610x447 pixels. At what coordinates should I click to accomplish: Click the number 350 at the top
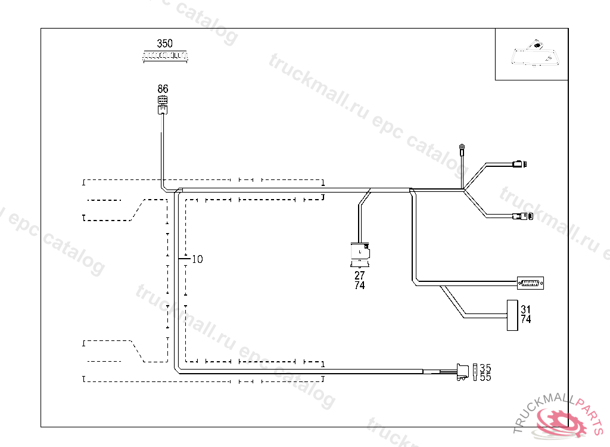click(x=165, y=44)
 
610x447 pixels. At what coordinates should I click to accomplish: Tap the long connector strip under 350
click(x=165, y=55)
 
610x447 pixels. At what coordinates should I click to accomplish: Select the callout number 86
click(x=163, y=89)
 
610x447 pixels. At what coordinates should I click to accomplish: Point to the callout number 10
click(x=197, y=259)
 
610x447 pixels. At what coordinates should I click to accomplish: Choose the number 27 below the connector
click(x=359, y=276)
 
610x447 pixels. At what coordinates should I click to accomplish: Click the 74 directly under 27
click(x=359, y=285)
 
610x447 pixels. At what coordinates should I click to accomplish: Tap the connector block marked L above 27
click(x=360, y=253)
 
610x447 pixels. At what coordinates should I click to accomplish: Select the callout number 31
click(x=525, y=309)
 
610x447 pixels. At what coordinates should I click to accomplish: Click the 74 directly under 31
click(x=525, y=319)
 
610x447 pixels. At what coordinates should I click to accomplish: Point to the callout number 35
click(x=485, y=368)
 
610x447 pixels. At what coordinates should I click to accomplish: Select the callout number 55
click(x=485, y=377)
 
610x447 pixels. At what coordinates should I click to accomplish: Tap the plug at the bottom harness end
click(x=462, y=372)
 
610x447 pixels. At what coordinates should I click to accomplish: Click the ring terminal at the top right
click(x=461, y=147)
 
